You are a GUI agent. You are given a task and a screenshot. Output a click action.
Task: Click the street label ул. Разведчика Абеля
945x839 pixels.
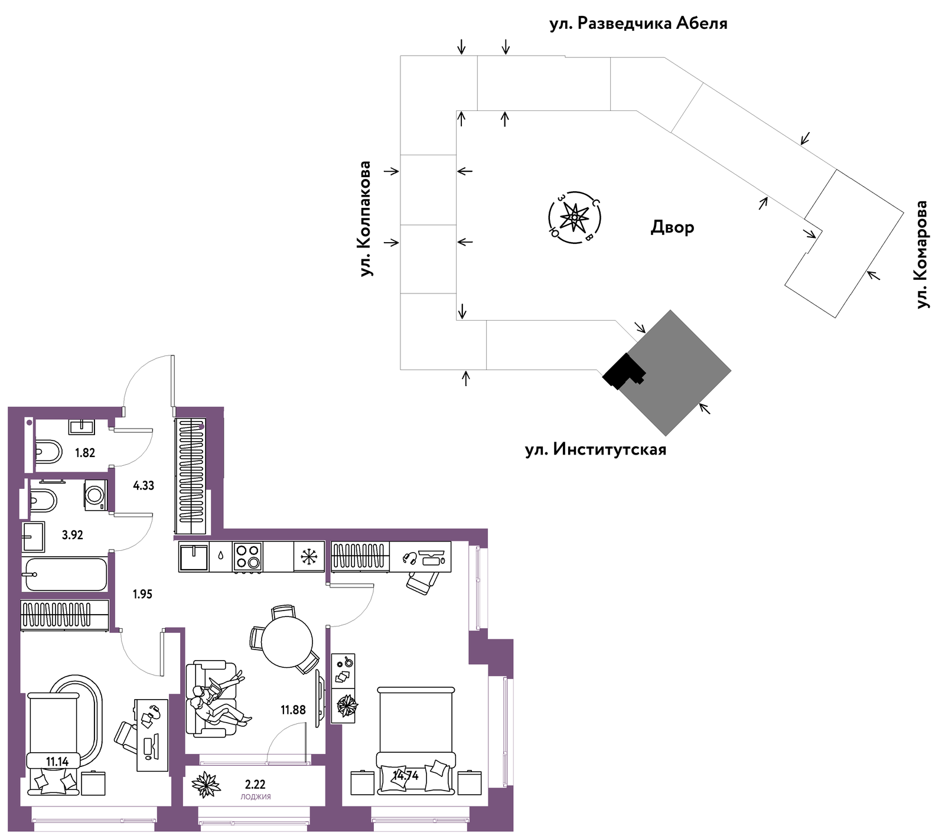point(638,24)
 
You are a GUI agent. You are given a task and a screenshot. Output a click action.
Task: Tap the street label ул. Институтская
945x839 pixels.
point(595,449)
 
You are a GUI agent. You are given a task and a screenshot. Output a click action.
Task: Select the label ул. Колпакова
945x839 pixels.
point(366,218)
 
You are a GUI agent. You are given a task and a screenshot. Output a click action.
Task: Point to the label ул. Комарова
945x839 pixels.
point(921,254)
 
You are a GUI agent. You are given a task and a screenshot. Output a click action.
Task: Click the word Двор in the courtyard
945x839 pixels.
point(672,227)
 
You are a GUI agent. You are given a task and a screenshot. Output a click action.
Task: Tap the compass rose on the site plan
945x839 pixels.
point(575,218)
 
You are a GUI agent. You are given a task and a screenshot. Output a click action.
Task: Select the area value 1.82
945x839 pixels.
point(85,453)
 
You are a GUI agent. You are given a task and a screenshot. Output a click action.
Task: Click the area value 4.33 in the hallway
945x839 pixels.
point(144,486)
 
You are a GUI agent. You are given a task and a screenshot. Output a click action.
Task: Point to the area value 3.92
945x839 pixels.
point(73,535)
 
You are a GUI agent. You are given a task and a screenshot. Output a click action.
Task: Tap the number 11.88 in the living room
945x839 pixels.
point(293,710)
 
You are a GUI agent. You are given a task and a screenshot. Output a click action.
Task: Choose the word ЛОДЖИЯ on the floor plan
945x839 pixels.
point(256,796)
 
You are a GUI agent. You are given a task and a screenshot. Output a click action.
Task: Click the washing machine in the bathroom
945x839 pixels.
point(96,495)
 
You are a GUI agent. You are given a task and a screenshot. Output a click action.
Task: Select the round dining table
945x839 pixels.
point(287,642)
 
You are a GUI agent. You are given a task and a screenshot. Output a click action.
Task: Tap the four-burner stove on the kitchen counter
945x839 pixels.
point(248,557)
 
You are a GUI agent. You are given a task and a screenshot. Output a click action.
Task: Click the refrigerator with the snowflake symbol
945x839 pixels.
point(309,556)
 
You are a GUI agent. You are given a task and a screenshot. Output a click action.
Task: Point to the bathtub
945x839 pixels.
point(65,574)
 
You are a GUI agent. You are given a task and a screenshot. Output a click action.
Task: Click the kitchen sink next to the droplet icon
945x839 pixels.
point(194,557)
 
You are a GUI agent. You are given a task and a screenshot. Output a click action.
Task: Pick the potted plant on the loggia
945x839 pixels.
point(206,785)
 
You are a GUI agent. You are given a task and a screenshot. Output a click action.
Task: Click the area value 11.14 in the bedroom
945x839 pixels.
point(57,762)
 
